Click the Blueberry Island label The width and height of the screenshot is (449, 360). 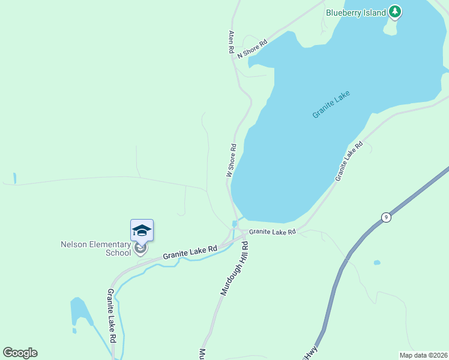[x=355, y=13]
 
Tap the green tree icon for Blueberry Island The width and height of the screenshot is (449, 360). [x=394, y=11]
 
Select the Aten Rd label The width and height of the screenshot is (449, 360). [x=231, y=43]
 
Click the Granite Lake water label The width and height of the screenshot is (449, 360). [x=331, y=104]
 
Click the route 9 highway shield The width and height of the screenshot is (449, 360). [x=385, y=217]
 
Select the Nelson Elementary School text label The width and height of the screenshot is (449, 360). [x=96, y=248]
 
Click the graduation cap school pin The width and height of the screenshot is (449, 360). [x=142, y=230]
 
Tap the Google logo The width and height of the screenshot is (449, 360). [x=20, y=353]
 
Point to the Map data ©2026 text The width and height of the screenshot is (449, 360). [x=424, y=355]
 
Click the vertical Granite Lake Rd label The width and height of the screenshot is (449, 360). [x=112, y=316]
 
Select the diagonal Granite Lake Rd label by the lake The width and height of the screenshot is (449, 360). [x=349, y=161]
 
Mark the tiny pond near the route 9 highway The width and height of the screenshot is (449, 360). [x=376, y=262]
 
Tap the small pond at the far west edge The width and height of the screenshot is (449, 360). [x=14, y=178]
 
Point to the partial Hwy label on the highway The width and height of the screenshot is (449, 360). [x=310, y=352]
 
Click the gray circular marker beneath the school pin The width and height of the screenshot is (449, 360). [x=140, y=247]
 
